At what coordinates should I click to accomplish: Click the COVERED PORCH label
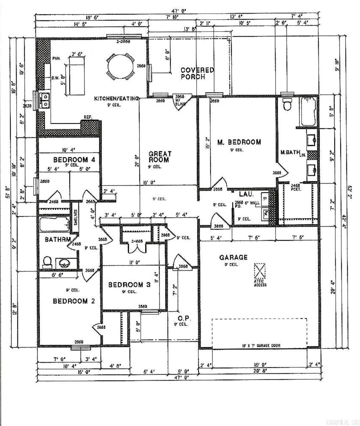tap(197, 73)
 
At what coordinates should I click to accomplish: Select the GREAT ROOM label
tap(160, 157)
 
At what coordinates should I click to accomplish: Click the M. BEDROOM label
tap(239, 142)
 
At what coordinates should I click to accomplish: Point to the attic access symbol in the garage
tap(260, 271)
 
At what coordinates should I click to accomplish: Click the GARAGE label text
tap(233, 257)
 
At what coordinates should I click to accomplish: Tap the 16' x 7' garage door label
tap(261, 346)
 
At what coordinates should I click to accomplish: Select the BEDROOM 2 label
tap(74, 301)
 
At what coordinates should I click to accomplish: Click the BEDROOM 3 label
tap(129, 285)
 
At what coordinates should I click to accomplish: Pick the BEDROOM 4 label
tap(74, 160)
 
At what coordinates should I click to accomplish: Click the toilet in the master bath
tap(287, 105)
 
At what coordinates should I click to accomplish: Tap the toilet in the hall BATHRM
tap(47, 262)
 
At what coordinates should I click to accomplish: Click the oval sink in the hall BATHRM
tap(65, 263)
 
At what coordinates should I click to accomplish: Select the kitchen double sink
tap(44, 100)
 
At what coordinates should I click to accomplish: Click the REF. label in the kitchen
tap(88, 117)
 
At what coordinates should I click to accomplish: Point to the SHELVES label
tap(76, 217)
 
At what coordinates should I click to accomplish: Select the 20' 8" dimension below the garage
tap(261, 370)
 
